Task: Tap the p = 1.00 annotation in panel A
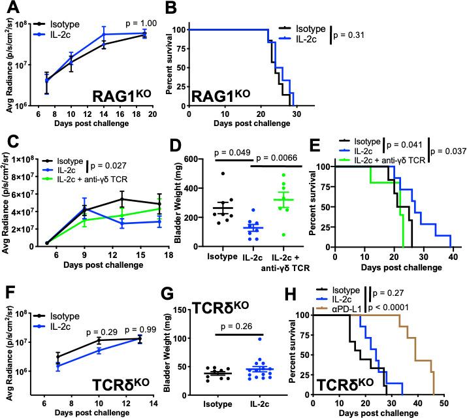point(140,24)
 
